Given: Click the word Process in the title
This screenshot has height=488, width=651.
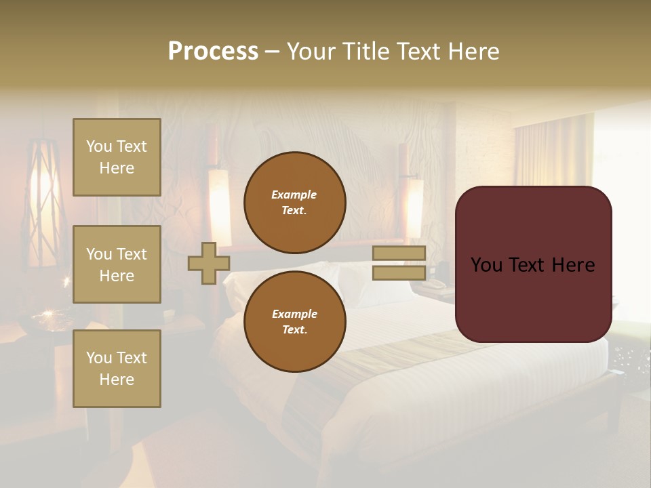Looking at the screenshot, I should click(x=213, y=52).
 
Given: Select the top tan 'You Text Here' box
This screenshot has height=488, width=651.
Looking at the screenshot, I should click(x=117, y=157).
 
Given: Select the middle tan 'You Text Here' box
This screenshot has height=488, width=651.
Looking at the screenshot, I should click(x=117, y=264).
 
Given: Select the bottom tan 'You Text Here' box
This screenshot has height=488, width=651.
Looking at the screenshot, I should click(x=117, y=369).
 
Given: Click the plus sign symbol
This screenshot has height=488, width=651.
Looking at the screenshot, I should click(x=209, y=263).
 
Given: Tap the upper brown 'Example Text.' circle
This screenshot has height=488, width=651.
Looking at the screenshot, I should click(x=294, y=203).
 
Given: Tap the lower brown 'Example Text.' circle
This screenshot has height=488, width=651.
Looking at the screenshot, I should click(x=294, y=322).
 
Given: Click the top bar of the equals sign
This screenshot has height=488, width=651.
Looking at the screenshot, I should click(x=399, y=253).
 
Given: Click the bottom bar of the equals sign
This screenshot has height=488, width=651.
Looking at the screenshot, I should click(x=399, y=273).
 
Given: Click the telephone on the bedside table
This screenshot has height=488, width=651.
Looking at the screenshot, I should click(x=433, y=284).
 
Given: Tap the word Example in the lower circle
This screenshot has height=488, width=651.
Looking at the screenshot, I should click(x=294, y=314).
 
